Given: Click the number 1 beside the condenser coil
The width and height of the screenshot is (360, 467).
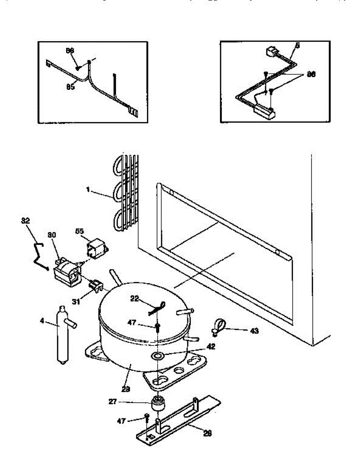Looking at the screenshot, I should [88, 190].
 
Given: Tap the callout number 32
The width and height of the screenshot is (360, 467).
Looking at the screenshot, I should [25, 221].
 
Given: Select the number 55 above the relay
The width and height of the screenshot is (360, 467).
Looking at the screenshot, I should [79, 231].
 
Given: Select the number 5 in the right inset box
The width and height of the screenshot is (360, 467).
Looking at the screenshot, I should [297, 46].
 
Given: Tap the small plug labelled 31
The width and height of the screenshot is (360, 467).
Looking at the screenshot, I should [95, 285].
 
